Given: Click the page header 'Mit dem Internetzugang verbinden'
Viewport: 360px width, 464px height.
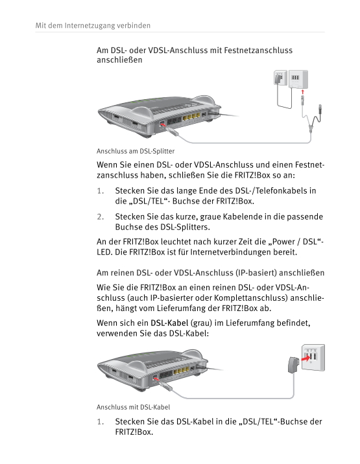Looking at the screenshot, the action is (x=93, y=25).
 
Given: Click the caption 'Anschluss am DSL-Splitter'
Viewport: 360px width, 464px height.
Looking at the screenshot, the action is (x=136, y=151).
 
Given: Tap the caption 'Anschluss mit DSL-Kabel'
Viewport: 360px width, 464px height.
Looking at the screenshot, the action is (x=134, y=407).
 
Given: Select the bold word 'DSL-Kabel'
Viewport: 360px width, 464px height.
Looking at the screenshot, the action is (x=169, y=323).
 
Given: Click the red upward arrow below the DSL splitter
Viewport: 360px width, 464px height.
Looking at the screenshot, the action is (x=302, y=92).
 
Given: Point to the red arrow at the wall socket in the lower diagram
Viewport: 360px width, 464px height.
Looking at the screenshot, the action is (x=305, y=358).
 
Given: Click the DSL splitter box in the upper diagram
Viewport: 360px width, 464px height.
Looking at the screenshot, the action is (x=298, y=79).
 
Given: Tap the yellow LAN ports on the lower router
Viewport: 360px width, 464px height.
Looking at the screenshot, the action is (x=182, y=371).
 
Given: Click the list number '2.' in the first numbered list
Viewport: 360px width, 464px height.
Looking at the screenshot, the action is (x=101, y=217).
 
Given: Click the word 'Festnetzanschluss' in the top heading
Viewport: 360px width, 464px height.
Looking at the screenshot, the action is (x=258, y=51).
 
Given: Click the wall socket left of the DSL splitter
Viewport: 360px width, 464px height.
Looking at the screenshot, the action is (x=280, y=78).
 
